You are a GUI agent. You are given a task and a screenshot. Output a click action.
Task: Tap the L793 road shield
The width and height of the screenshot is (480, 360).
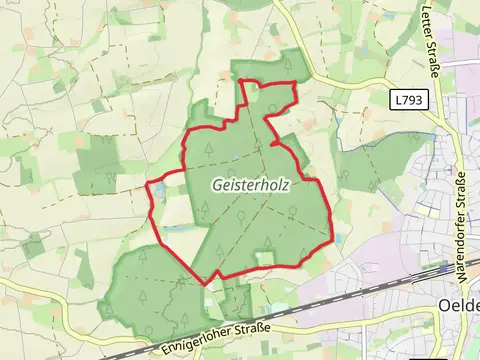(x=407, y=100)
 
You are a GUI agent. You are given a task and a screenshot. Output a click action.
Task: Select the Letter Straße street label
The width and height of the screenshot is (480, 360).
(x=432, y=40)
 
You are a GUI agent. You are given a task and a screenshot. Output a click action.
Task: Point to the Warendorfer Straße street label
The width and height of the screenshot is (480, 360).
(x=461, y=210)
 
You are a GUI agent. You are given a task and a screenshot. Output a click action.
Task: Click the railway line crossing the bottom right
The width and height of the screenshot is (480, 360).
(x=380, y=284)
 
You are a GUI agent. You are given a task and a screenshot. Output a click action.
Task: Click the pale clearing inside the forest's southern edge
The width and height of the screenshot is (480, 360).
(x=264, y=258)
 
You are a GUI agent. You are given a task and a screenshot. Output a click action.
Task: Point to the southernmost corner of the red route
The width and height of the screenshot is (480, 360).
(x=206, y=283)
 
